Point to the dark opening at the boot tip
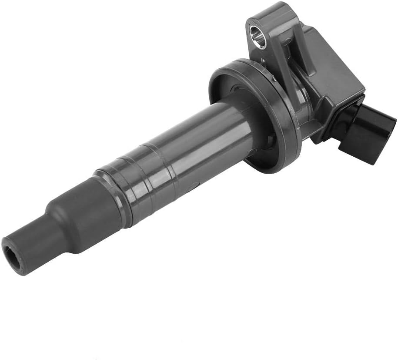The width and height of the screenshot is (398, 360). tap(11, 252)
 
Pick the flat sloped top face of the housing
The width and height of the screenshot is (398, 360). tap(335, 61)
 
